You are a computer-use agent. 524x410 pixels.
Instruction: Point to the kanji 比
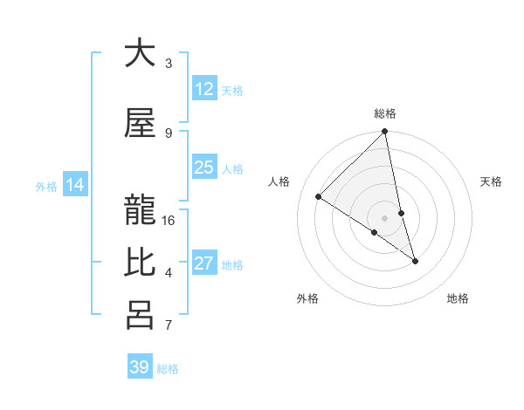[x=140, y=263]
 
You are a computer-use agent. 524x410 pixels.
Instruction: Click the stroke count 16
[x=169, y=221]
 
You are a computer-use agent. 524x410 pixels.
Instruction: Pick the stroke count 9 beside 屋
[x=169, y=133]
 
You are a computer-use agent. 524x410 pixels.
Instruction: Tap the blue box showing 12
[x=204, y=89]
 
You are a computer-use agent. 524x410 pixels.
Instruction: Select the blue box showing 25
[x=204, y=167]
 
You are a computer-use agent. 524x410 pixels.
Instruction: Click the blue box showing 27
[x=204, y=263]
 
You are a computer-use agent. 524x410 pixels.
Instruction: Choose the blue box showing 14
[x=75, y=185]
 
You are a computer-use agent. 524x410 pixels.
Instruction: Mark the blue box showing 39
[x=140, y=367]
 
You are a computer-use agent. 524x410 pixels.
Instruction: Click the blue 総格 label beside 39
[x=168, y=369]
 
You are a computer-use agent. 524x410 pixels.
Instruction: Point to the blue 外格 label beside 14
[x=46, y=186]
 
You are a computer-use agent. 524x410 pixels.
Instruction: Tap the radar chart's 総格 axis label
[x=385, y=113]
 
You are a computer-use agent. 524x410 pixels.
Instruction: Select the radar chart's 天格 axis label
[x=492, y=181]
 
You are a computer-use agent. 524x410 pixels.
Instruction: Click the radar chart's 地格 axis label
[x=458, y=298]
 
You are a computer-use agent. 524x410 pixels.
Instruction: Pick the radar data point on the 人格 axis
[x=319, y=197]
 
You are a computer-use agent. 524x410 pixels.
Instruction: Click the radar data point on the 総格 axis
[x=385, y=133]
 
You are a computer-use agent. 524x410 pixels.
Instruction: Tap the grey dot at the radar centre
[x=385, y=217]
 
